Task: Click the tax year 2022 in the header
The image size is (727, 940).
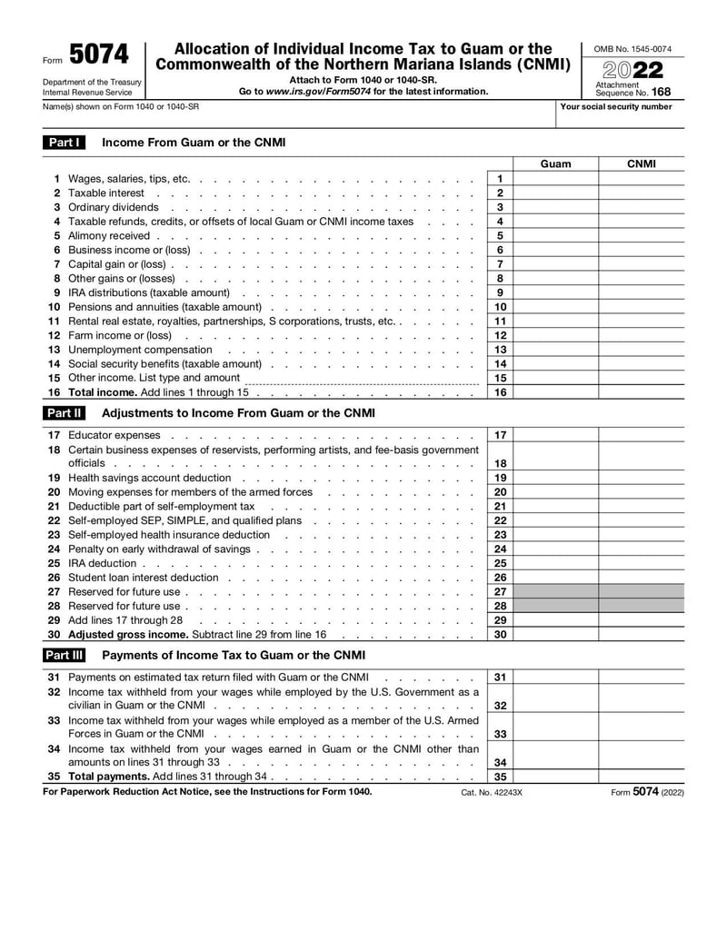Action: (632, 70)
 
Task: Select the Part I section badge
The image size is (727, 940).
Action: (65, 143)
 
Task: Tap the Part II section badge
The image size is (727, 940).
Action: (65, 413)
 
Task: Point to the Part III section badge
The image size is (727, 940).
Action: (65, 655)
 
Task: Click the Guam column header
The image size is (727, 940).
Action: (555, 164)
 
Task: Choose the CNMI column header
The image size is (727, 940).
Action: (642, 164)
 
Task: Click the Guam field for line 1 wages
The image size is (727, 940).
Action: (555, 179)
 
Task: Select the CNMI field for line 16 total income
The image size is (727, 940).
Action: (642, 392)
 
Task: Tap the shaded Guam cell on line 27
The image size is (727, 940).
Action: (555, 592)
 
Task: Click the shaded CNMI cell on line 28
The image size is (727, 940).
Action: (642, 606)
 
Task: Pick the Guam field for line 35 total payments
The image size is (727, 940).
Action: (555, 777)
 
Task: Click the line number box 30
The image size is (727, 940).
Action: (500, 635)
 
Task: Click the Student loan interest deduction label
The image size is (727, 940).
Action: (144, 578)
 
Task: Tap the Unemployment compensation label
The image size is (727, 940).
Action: (140, 350)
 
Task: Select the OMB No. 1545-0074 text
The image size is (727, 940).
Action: (632, 48)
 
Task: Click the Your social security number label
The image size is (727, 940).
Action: (616, 107)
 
